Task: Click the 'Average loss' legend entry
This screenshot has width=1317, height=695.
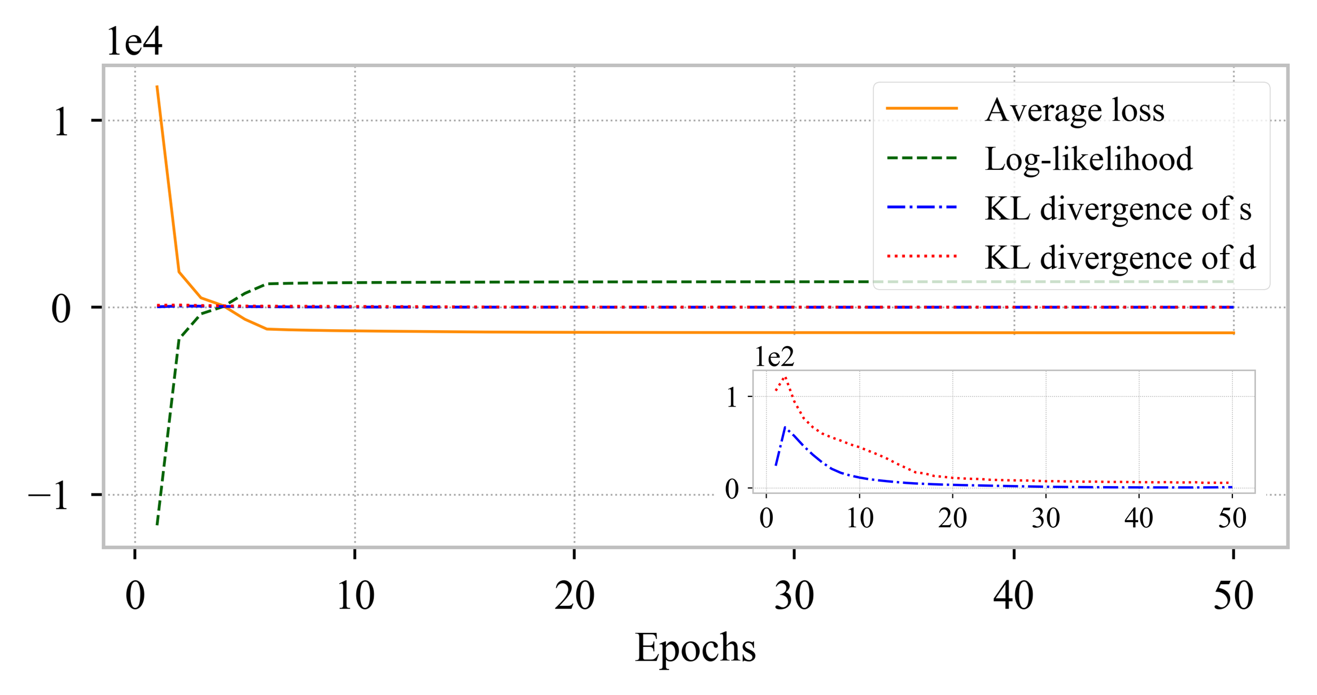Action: [x=1074, y=110]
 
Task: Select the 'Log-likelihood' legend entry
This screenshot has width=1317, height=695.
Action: [x=1088, y=159]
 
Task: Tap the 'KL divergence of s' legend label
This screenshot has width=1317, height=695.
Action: [x=1118, y=208]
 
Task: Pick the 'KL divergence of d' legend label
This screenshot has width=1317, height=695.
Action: [x=1120, y=257]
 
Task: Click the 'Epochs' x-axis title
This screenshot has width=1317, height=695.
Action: [x=695, y=648]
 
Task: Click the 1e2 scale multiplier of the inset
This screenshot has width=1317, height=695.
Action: [x=775, y=357]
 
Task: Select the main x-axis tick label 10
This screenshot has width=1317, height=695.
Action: [x=355, y=596]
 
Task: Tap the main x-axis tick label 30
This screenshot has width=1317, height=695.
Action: [x=794, y=596]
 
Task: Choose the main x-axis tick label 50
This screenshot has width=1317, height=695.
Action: [x=1233, y=596]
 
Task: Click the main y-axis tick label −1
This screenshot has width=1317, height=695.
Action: [x=49, y=496]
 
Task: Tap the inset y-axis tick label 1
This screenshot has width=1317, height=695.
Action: [x=732, y=398]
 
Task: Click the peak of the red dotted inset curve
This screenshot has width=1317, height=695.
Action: [x=785, y=377]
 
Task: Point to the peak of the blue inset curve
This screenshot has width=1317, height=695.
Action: [x=785, y=428]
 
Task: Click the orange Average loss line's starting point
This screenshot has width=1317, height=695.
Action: [x=157, y=86]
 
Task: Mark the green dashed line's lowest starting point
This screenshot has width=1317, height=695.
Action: [x=157, y=525]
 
